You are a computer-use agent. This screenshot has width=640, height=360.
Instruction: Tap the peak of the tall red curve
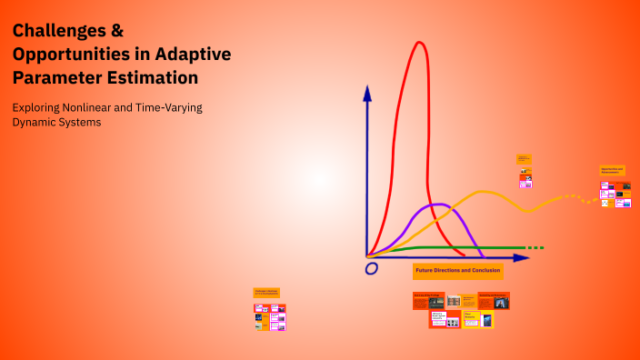[x=419, y=44]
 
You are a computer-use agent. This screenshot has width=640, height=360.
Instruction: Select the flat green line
[x=455, y=247]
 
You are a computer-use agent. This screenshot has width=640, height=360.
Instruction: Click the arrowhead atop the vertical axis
[x=367, y=92]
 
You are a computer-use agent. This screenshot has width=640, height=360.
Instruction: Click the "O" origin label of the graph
[x=371, y=269]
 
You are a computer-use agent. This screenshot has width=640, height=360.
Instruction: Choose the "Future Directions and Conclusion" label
[x=457, y=270]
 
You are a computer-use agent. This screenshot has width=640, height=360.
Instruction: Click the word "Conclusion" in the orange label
[x=485, y=270]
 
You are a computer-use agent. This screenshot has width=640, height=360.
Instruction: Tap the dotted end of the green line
[x=535, y=247]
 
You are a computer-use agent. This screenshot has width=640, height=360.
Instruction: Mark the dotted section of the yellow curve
[x=569, y=196]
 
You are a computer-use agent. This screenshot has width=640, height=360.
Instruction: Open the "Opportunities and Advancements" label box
[x=612, y=170]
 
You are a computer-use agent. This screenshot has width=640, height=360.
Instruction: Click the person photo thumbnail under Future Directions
[x=501, y=302]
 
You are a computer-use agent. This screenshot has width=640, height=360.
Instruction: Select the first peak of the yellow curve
[x=485, y=192]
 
